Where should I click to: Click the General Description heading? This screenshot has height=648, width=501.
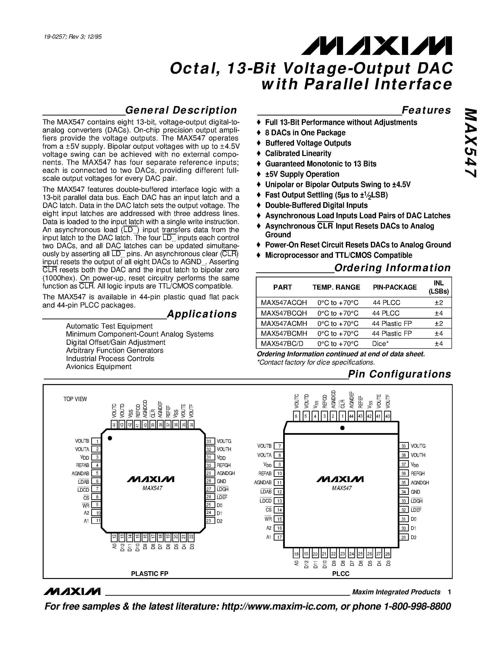[x=181, y=110]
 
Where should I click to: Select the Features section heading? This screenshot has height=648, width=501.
[x=426, y=110]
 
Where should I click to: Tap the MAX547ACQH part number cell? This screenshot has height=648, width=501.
[x=284, y=303]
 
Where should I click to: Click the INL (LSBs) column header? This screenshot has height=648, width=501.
[x=439, y=287]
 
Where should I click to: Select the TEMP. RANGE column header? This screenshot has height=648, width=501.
[x=336, y=287]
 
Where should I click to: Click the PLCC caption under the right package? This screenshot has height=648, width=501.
[x=340, y=574]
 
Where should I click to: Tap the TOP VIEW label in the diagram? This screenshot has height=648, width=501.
[x=75, y=399]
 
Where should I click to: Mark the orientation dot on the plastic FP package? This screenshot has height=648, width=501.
[x=110, y=438]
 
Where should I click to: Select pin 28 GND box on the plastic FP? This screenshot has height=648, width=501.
[x=210, y=481]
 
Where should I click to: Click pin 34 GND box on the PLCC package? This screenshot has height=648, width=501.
[x=404, y=492]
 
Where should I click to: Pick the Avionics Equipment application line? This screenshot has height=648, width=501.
[x=99, y=367]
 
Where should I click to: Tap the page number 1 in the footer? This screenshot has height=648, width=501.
[x=449, y=592]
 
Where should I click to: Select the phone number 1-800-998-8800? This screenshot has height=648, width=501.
[x=417, y=606]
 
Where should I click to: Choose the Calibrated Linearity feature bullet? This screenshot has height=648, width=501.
[x=298, y=153]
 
